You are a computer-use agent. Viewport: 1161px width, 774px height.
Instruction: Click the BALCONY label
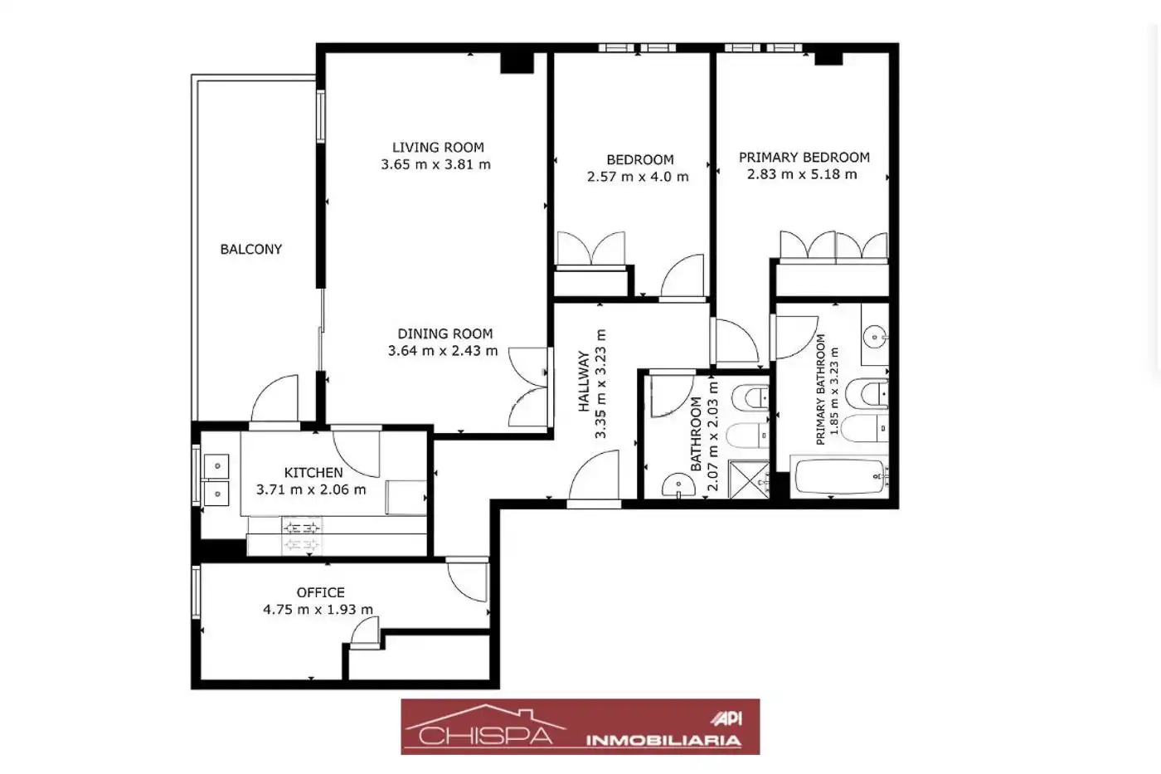(x=250, y=250)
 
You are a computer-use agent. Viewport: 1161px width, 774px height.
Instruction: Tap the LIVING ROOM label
(x=438, y=147)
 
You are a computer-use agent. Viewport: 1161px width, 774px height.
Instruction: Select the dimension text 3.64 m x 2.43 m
(x=443, y=350)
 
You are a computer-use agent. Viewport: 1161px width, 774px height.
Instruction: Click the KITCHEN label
(x=313, y=472)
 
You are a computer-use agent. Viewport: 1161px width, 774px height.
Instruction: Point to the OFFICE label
(x=320, y=592)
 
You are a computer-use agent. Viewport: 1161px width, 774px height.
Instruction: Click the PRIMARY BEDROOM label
(x=804, y=157)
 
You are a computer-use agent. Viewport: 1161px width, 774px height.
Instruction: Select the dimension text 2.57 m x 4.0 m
(x=638, y=177)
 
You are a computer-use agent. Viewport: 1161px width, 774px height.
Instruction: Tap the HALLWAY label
(x=584, y=382)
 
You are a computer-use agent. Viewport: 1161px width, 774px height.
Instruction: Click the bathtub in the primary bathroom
(x=839, y=476)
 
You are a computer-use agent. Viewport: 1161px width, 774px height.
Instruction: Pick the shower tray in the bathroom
(x=749, y=479)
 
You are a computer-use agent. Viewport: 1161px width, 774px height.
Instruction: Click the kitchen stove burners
(x=302, y=536)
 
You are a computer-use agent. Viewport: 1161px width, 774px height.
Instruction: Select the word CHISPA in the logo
(x=486, y=735)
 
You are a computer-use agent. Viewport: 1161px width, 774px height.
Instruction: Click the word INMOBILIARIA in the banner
(x=663, y=740)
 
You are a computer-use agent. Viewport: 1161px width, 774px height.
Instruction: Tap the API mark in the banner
(x=726, y=718)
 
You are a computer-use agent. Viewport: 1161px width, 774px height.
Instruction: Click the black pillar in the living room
(x=517, y=63)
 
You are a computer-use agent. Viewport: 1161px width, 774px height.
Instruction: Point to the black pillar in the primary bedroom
(x=828, y=58)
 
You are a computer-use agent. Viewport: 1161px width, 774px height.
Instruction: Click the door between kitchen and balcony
(x=274, y=400)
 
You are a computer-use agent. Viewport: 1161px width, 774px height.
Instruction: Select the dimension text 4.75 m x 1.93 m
(x=318, y=609)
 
